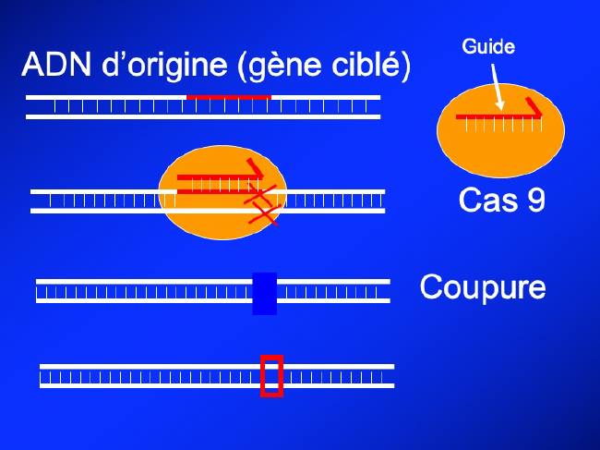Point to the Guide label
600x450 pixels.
coord(489,46)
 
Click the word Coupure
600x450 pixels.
coord(483,286)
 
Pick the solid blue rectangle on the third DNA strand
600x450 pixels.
coord(264,293)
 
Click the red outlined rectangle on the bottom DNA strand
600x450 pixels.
coord(271,375)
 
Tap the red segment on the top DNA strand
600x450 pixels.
coord(228,96)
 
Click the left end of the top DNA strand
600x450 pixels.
coord(30,106)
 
